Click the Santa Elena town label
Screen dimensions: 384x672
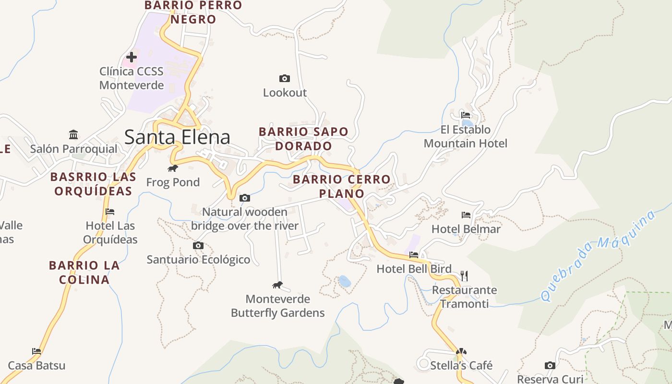coord(177,137)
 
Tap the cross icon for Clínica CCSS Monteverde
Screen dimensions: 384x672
coord(131,57)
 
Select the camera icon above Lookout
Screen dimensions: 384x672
coord(285,78)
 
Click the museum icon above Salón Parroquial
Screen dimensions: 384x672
coord(73,134)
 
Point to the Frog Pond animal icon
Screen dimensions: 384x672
coord(173,168)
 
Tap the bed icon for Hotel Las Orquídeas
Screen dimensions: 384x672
coord(110,211)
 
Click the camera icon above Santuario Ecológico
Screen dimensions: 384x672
coord(198,245)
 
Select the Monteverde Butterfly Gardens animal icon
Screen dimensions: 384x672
coord(277,285)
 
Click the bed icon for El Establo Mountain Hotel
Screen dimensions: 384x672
coord(466,115)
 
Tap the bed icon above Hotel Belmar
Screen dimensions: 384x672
coord(466,215)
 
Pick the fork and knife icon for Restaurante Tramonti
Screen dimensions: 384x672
coord(464,276)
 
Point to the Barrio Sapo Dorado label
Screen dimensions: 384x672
coord(303,138)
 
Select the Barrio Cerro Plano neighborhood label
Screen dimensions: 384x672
coord(342,186)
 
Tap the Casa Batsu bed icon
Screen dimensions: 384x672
coord(36,351)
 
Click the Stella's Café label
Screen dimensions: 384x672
coord(461,365)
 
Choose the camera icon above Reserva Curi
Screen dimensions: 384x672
coord(550,366)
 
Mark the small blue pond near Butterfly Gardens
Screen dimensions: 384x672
coord(344,281)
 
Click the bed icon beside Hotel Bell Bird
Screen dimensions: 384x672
coord(414,255)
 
